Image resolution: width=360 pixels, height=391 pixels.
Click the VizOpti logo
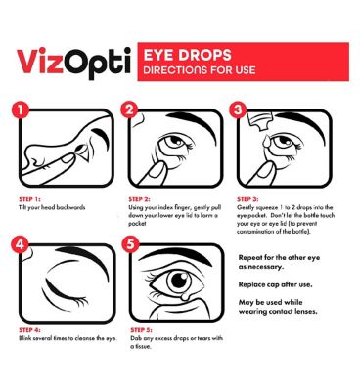73,62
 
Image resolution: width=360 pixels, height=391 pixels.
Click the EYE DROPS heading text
188,55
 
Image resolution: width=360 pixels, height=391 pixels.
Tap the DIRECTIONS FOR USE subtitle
200,70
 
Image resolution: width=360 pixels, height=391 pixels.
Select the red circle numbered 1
21,109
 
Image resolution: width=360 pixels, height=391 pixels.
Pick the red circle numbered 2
129,109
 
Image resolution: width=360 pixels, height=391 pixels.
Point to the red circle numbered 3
238,109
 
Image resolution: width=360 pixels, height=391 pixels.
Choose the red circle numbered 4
21,244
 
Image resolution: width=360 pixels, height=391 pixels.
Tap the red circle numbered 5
130,244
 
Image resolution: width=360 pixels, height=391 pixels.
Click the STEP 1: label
29,199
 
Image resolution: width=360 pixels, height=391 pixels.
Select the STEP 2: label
139,199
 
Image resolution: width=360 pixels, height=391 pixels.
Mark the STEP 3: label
247,199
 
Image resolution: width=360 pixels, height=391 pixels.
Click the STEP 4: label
29,330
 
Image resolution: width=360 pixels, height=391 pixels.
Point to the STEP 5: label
141,330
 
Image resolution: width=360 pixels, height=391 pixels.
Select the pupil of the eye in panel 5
179,280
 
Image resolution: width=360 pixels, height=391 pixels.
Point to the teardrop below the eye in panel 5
185,296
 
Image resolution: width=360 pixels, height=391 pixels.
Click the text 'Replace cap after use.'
275,284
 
